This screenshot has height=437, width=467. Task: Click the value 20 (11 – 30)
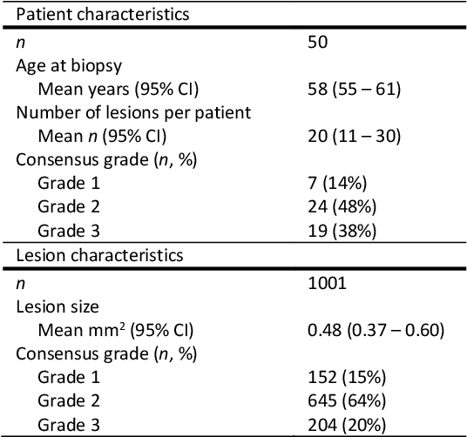(355, 135)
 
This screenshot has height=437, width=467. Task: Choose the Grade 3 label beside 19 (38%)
(68, 231)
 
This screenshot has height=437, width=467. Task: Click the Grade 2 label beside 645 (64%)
(68, 400)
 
